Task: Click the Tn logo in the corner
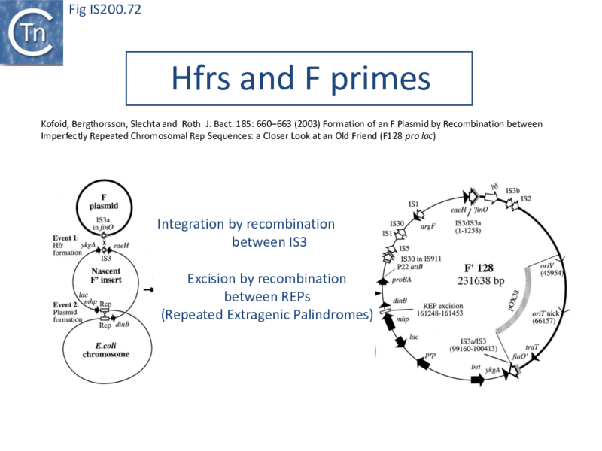32,32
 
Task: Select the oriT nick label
549,313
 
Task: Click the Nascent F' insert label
103,275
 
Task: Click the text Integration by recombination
246,224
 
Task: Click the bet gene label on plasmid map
476,367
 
